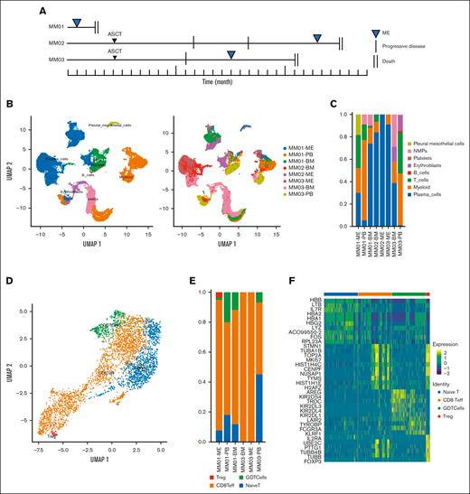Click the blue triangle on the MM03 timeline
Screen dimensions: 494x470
pyautogui.click(x=231, y=56)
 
